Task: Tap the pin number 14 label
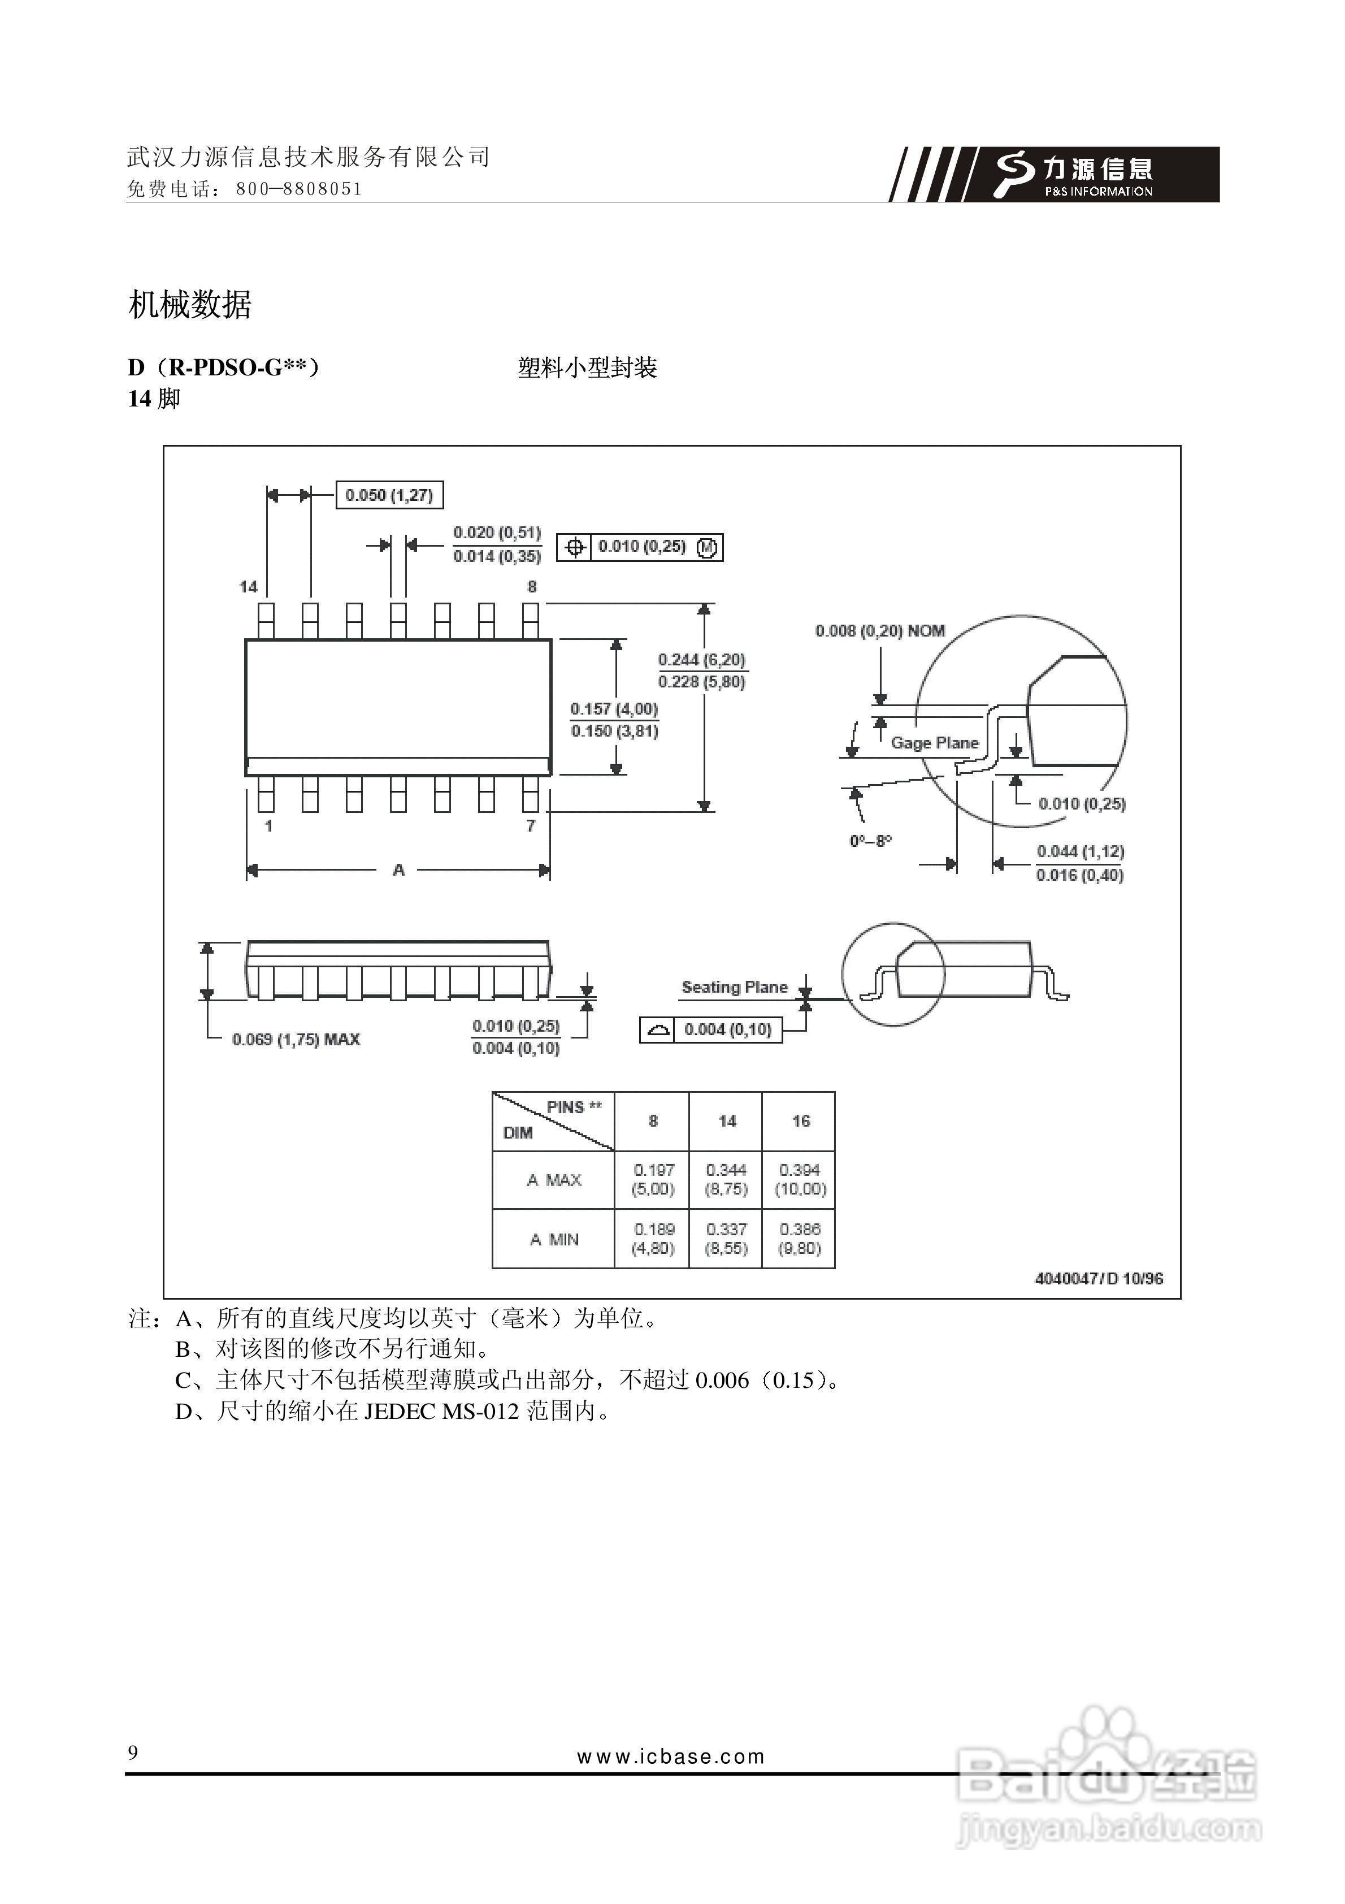click(248, 587)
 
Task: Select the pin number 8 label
click(532, 587)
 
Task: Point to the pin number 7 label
click(531, 825)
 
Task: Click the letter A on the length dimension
click(399, 870)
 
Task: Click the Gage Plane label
click(935, 743)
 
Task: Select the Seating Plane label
click(734, 987)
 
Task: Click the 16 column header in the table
click(800, 1121)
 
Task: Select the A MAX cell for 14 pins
click(726, 1179)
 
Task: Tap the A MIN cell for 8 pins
click(653, 1239)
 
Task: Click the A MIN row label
click(554, 1240)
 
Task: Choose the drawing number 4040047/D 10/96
click(1098, 1279)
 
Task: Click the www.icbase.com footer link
click(671, 1756)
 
